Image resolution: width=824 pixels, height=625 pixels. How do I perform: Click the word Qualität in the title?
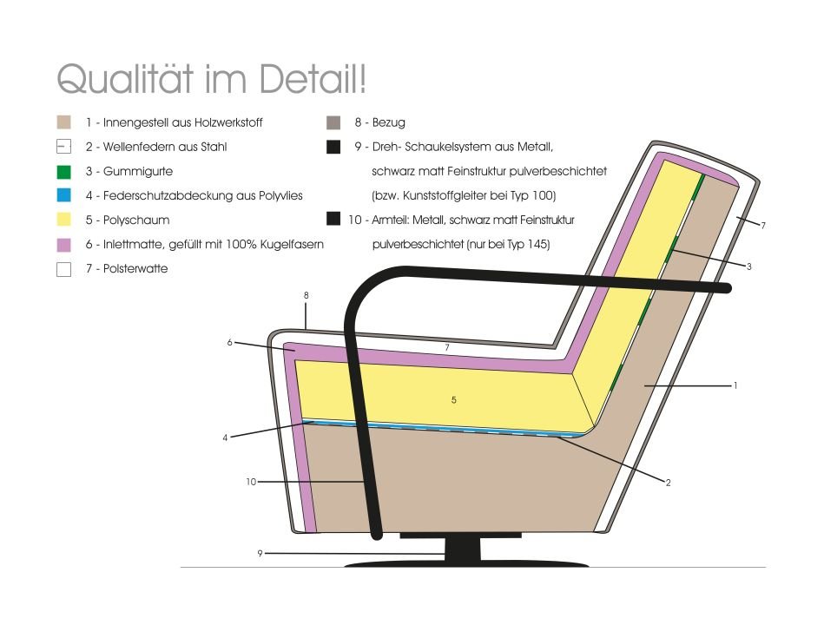click(124, 79)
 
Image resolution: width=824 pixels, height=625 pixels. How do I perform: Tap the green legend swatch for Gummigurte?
click(63, 171)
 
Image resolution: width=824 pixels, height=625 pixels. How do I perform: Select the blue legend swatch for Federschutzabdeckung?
click(63, 195)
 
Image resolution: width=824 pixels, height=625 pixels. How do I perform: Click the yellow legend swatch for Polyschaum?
click(63, 220)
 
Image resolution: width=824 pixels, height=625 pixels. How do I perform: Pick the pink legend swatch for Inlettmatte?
click(63, 244)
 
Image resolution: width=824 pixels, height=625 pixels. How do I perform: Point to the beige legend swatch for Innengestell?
click(63, 122)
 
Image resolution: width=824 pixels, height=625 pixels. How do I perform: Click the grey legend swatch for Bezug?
click(333, 122)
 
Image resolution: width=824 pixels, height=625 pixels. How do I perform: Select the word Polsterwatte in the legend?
click(135, 268)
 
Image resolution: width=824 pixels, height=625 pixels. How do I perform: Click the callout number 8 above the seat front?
click(307, 295)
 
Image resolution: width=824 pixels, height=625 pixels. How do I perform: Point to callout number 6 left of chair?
click(229, 342)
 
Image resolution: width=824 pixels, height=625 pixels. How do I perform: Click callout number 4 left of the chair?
click(225, 437)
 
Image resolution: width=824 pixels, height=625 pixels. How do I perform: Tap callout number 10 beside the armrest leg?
click(251, 482)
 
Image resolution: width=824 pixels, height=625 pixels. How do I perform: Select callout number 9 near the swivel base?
click(260, 553)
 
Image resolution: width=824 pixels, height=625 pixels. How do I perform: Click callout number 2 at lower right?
click(668, 483)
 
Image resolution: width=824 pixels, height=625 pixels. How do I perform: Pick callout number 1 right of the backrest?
click(735, 385)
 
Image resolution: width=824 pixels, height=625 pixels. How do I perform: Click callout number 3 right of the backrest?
click(748, 266)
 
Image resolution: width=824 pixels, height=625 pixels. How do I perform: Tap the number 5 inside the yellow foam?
click(453, 400)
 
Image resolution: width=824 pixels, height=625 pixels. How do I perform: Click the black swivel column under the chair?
click(463, 550)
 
